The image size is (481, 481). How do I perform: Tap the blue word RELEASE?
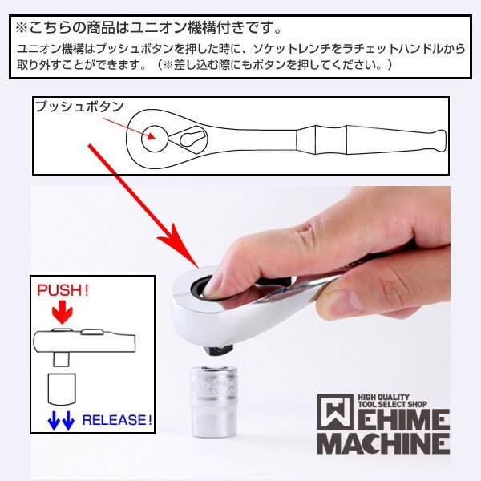(x=117, y=419)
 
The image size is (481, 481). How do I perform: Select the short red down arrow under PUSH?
(x=61, y=311)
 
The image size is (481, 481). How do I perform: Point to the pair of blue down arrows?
(x=60, y=418)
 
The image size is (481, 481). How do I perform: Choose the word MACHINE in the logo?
(x=382, y=442)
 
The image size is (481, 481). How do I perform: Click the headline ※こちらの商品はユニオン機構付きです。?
(x=149, y=28)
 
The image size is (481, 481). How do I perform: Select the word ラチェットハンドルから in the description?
(x=416, y=49)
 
